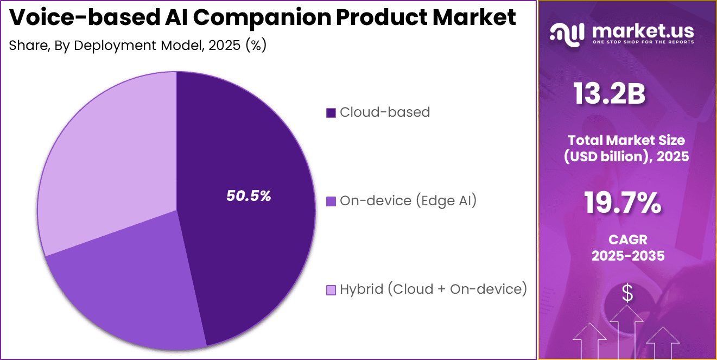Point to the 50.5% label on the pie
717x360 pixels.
point(249,197)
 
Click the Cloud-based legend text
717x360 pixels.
point(384,112)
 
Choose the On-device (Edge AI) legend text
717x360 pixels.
point(408,201)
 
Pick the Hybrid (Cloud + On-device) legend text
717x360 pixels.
point(433,289)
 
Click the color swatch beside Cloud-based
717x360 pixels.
point(331,113)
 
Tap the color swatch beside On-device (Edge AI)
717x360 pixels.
point(331,201)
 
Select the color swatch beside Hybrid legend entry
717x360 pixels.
point(331,290)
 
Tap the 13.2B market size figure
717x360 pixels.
point(610,94)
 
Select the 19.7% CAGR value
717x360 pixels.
point(623,204)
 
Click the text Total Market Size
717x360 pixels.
point(627,141)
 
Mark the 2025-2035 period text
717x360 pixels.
point(628,256)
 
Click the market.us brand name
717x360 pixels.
point(643,30)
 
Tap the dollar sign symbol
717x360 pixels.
point(627,294)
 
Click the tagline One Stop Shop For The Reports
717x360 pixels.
point(643,42)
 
